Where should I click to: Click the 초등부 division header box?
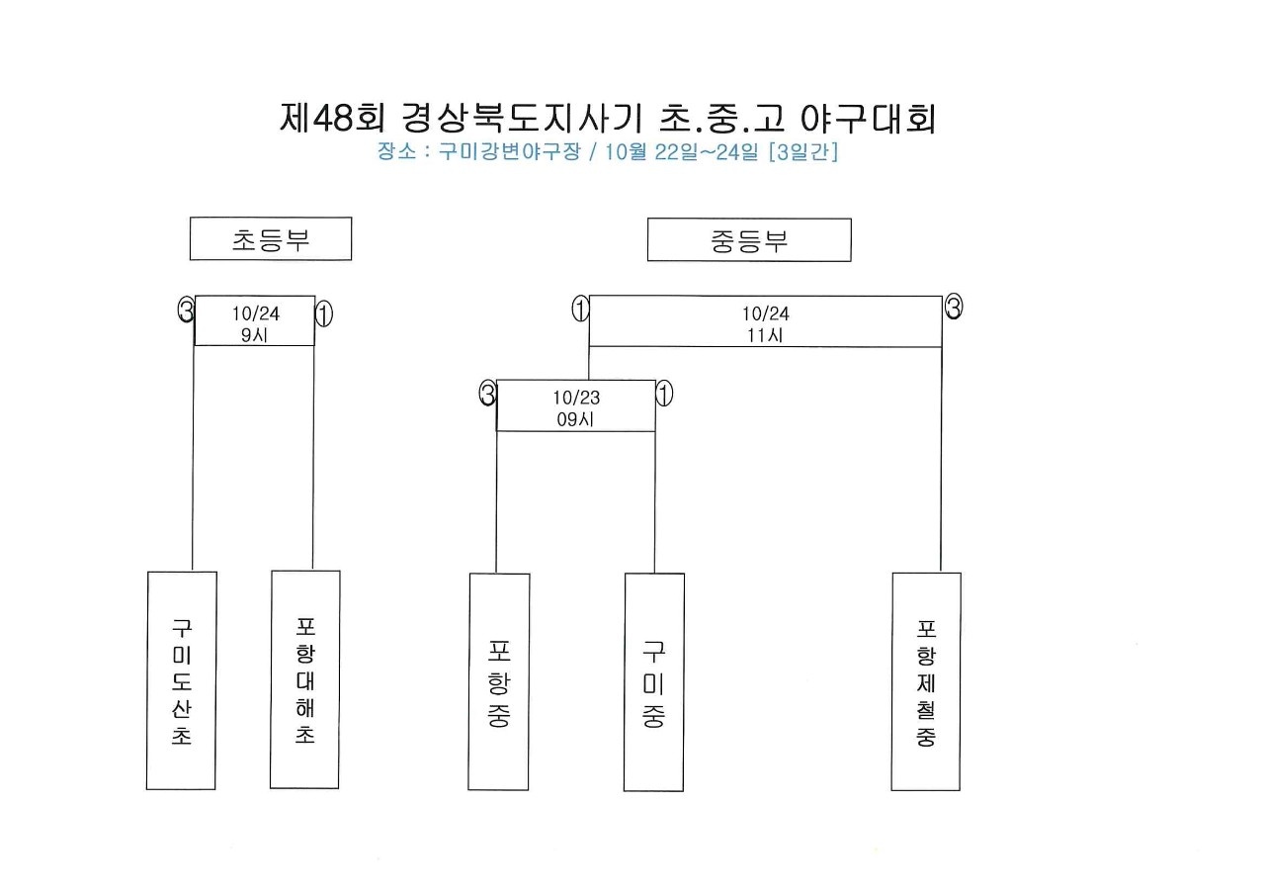(271, 238)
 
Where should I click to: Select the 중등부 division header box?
(749, 240)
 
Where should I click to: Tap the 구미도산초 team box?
(181, 680)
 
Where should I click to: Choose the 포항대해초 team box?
(305, 679)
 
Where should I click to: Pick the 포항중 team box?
(499, 681)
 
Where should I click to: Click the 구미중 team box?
(654, 682)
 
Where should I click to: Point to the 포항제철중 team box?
(926, 681)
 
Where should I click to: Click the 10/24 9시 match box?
(255, 320)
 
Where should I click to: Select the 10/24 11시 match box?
(765, 321)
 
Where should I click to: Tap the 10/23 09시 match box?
(576, 405)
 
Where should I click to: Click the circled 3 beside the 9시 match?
(187, 310)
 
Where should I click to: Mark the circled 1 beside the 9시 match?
(323, 313)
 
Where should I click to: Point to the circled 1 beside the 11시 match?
(580, 309)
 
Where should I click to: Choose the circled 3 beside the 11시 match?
(954, 307)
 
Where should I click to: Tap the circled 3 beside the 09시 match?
(488, 393)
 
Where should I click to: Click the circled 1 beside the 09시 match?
(665, 394)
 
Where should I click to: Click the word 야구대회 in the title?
(869, 119)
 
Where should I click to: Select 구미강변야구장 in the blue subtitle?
(509, 151)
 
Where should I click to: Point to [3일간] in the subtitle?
(803, 151)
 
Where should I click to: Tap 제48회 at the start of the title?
(332, 118)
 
